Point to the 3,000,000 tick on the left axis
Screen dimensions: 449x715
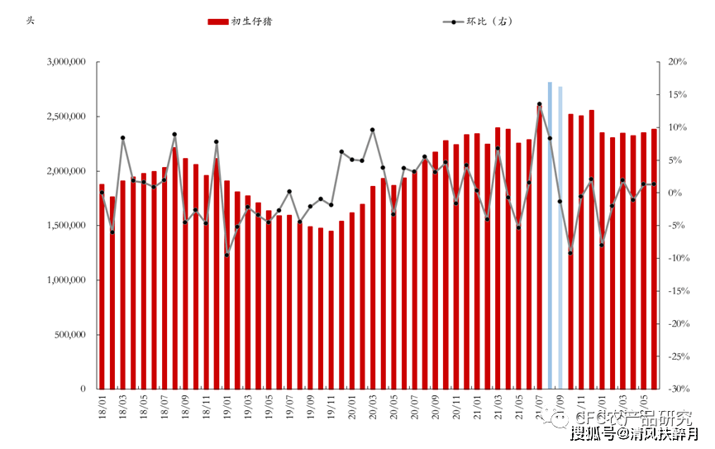coord(67,62)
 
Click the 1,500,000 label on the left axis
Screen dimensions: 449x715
coord(67,226)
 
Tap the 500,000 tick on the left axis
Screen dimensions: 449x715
coord(72,335)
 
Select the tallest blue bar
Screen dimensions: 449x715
coord(550,236)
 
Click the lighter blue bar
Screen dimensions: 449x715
coord(560,238)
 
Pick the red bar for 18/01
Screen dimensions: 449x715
coord(102,286)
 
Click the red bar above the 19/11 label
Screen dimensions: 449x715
coord(331,310)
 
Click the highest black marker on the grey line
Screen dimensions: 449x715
coord(539,104)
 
